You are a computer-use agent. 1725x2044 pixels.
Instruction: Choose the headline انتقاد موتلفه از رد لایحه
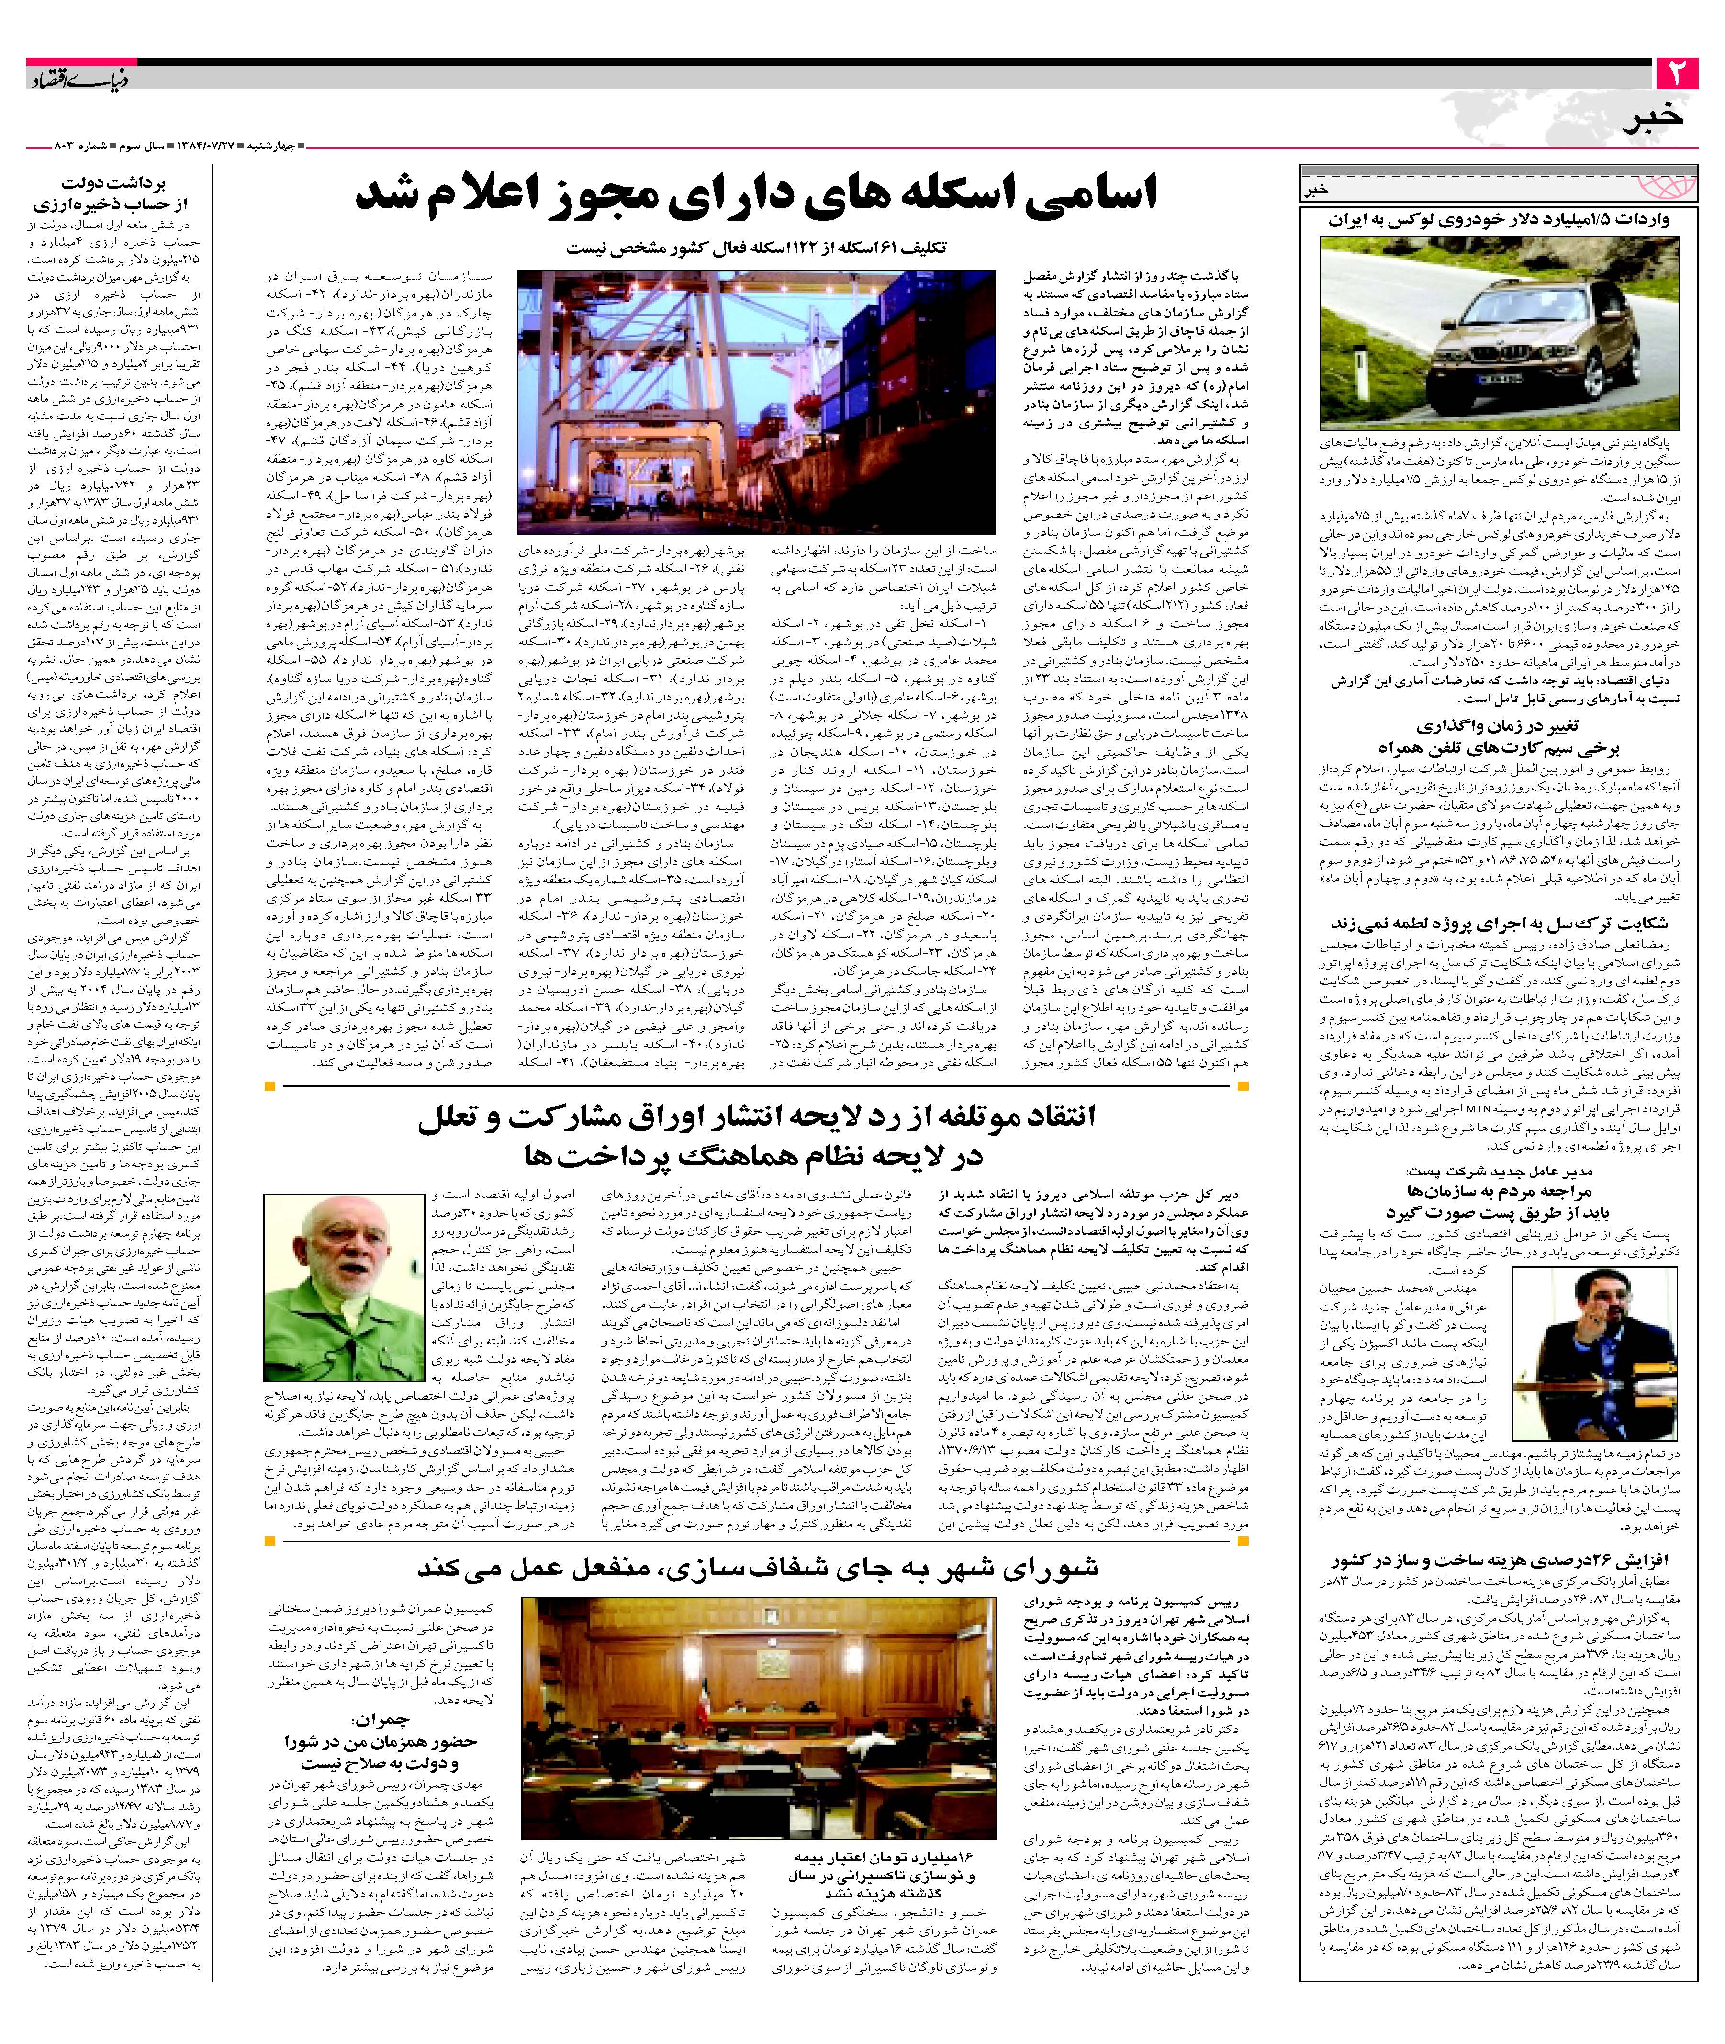[x=758, y=1136]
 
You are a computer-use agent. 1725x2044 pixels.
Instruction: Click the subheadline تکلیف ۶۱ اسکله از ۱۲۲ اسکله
[x=758, y=248]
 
